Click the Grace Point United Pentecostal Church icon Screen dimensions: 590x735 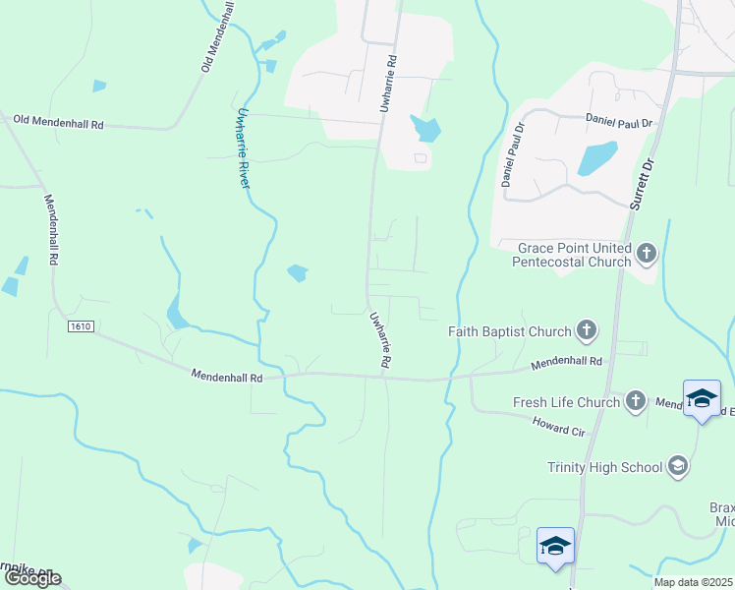click(x=646, y=255)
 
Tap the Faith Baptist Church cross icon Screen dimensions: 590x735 click(x=587, y=331)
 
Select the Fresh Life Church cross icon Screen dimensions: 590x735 click(x=636, y=401)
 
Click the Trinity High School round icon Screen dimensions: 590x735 click(x=677, y=466)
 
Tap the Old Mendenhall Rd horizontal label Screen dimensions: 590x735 click(x=58, y=123)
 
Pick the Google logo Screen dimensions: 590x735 click(x=32, y=578)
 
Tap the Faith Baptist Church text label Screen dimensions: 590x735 click(x=510, y=331)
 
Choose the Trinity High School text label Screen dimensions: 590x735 click(x=605, y=467)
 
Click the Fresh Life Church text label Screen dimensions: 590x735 click(x=567, y=402)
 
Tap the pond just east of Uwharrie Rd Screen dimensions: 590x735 click(x=426, y=129)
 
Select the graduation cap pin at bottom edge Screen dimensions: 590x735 click(x=555, y=547)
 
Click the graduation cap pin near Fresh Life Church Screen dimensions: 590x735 click(x=702, y=398)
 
